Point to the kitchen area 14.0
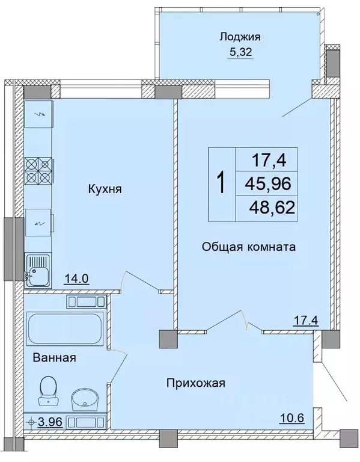click(76, 278)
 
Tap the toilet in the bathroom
click(46, 390)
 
